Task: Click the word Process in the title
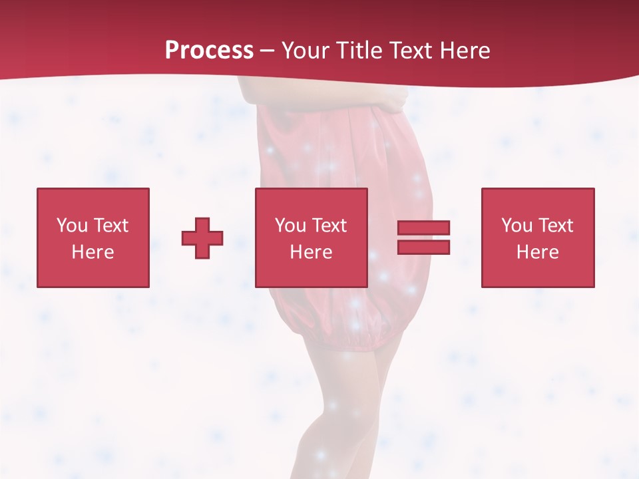[209, 50]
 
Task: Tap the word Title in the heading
[359, 50]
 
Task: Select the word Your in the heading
[307, 50]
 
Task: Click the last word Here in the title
[466, 50]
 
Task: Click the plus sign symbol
[202, 238]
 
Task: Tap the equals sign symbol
[423, 238]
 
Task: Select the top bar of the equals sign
[423, 228]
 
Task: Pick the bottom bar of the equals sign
[423, 247]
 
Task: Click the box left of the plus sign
[93, 238]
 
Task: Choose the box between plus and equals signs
[311, 238]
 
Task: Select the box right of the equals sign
[538, 238]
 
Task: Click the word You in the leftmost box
[72, 226]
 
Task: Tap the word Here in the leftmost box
[93, 252]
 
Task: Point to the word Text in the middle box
[329, 226]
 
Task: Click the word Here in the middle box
[311, 252]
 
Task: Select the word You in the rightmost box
[517, 226]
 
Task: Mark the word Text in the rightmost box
[555, 226]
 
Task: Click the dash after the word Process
[267, 51]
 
